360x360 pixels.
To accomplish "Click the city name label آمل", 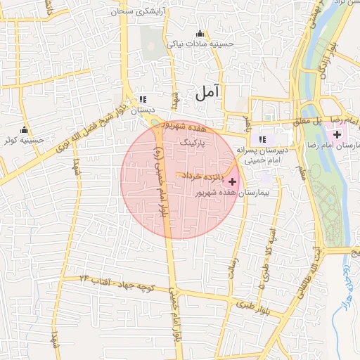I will coord(210,90).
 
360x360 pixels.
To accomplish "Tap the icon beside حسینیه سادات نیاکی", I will coord(200,33).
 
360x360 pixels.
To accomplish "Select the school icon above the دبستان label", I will coord(143,99).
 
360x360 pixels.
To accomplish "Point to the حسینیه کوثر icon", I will coord(25,129).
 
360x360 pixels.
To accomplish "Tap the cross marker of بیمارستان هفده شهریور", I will coord(233,181).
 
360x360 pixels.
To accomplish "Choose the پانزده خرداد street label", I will coord(204,174).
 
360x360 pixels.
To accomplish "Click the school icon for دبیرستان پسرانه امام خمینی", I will coord(263,139).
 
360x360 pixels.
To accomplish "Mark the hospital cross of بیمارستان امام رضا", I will coord(337,134).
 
